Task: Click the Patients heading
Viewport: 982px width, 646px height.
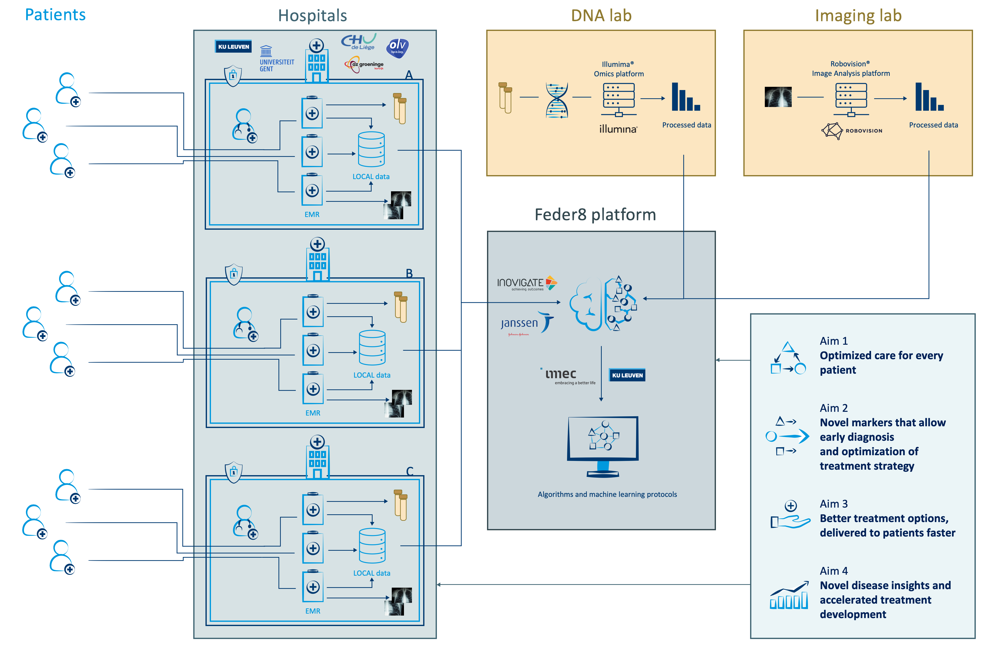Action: (x=55, y=15)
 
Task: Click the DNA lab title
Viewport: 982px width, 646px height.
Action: (x=601, y=16)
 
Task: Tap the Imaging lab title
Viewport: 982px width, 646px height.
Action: (x=858, y=16)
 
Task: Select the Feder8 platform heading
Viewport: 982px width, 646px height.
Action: (x=595, y=215)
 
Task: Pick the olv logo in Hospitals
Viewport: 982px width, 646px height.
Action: (x=397, y=47)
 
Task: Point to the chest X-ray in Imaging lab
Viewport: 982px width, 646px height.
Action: (x=778, y=97)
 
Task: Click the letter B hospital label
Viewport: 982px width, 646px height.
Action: (x=409, y=273)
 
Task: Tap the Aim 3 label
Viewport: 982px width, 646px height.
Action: (x=833, y=504)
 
